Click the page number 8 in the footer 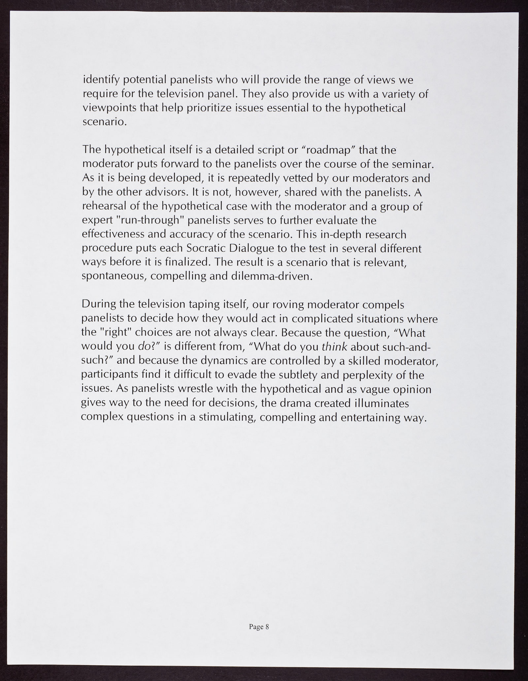coord(267,627)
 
